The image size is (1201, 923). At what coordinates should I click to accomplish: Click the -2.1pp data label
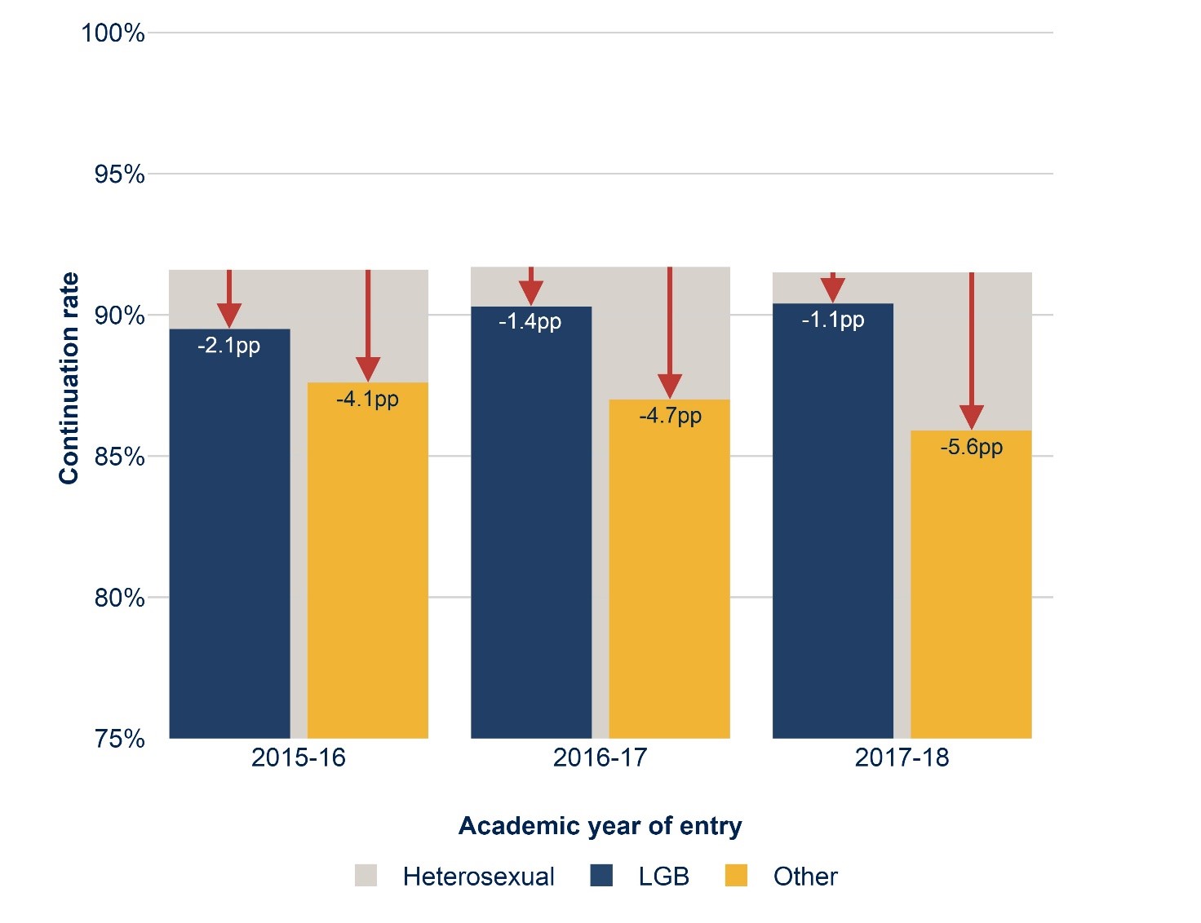229,346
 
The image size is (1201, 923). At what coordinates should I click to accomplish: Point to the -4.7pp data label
670,416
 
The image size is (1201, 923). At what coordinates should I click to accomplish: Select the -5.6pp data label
971,447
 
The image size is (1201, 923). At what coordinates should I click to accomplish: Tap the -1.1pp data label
832,320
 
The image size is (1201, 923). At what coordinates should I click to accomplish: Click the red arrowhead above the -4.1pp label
368,369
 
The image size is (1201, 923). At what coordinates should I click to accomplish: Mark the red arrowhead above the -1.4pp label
531,293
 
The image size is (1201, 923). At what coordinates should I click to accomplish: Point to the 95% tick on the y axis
119,174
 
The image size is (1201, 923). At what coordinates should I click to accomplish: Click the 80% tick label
119,598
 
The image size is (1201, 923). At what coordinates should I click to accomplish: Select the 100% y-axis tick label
113,33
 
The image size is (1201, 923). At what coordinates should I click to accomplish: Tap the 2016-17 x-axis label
600,757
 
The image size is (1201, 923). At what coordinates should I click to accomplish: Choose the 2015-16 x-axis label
298,757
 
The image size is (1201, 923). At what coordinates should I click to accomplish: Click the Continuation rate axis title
69,378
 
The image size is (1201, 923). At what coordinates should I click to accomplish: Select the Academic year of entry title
600,826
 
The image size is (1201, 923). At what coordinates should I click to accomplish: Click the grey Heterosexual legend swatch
366,876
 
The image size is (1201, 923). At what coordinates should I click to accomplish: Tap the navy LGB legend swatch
601,876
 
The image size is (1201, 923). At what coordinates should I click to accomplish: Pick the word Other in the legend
804,877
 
